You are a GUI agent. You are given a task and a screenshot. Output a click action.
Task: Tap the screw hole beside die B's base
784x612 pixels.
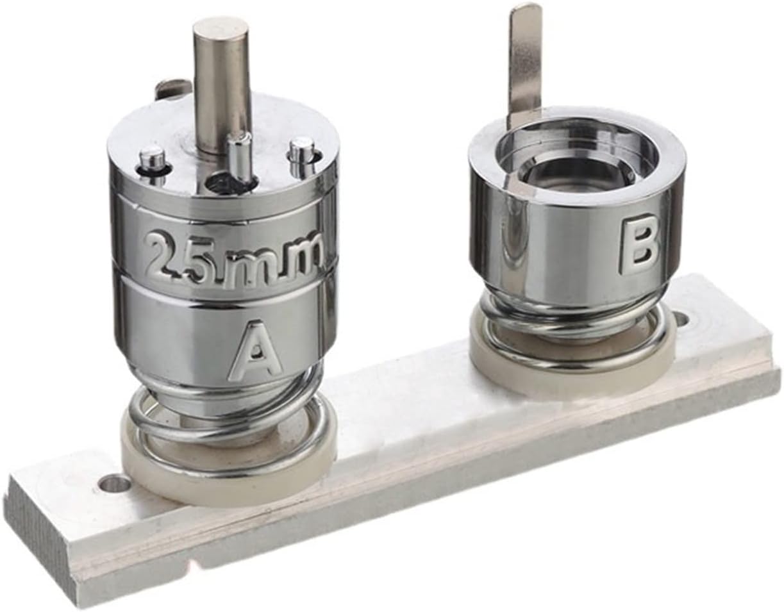coord(683,318)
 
